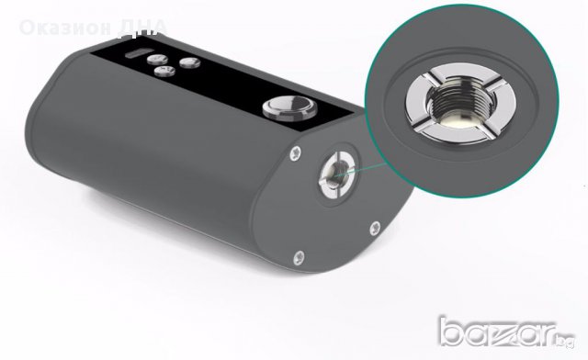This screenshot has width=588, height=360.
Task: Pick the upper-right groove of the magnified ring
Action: coord(486,67)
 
